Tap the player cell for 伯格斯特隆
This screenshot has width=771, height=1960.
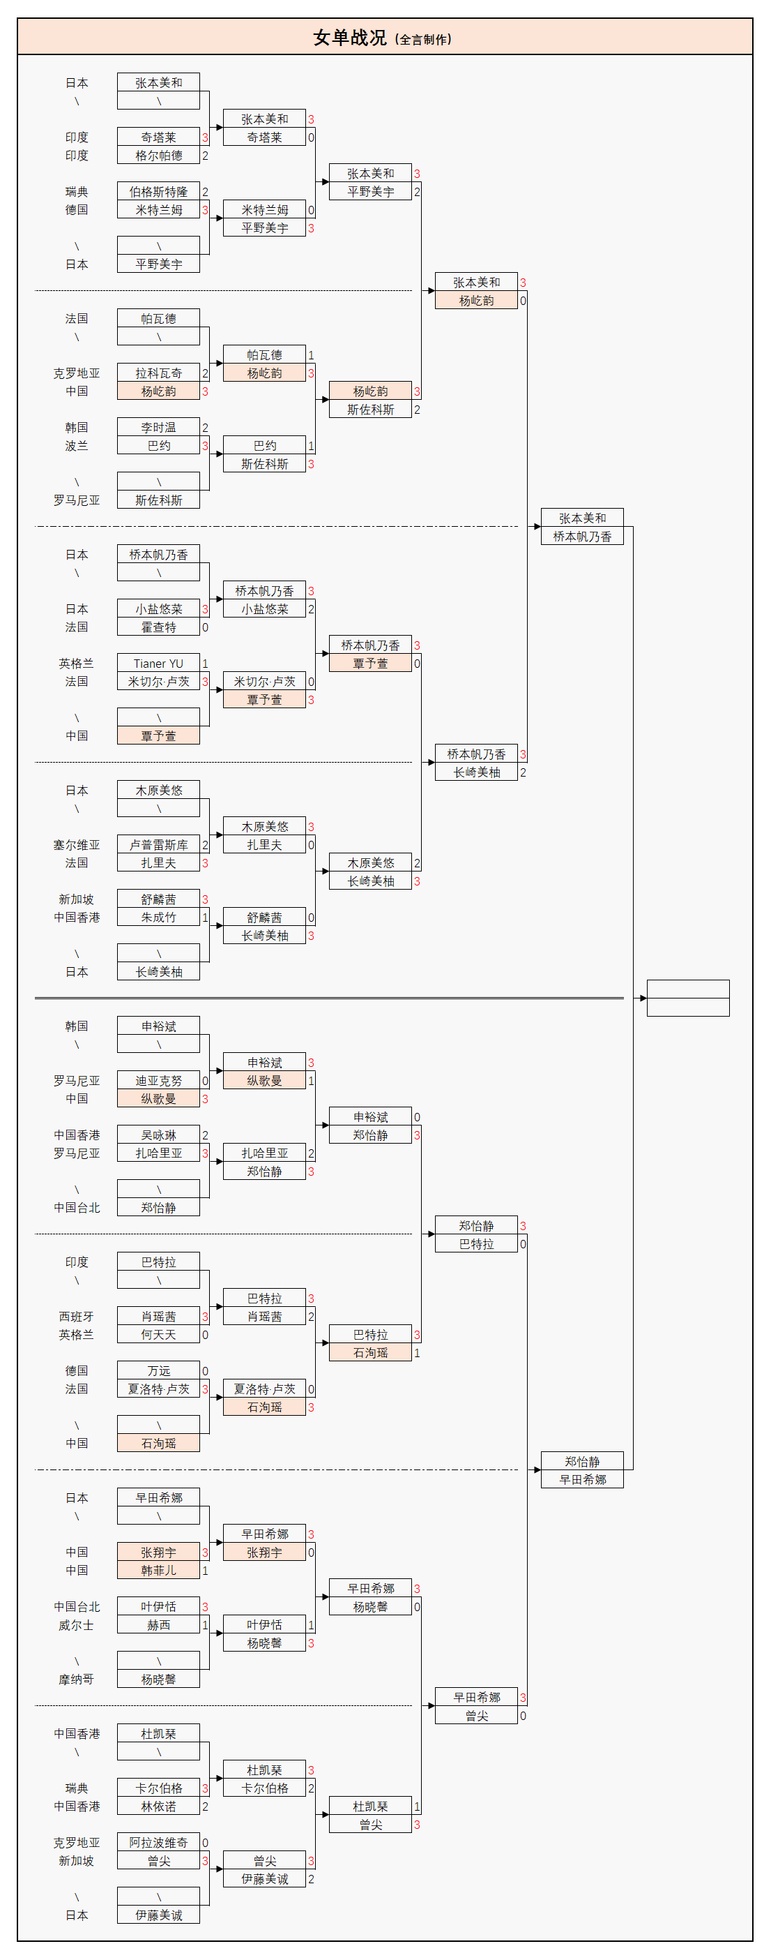pyautogui.click(x=158, y=192)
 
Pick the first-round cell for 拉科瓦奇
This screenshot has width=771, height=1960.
pyautogui.click(x=158, y=373)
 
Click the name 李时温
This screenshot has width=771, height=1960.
pyautogui.click(x=158, y=428)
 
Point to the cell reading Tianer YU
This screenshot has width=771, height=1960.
pyautogui.click(x=158, y=664)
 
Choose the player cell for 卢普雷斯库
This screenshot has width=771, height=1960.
pyautogui.click(x=158, y=844)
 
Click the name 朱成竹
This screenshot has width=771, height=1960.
pyautogui.click(x=158, y=918)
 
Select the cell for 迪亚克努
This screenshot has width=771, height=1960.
pyautogui.click(x=158, y=1080)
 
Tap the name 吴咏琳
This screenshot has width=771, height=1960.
pyautogui.click(x=158, y=1135)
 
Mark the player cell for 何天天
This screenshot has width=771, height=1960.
pyautogui.click(x=158, y=1335)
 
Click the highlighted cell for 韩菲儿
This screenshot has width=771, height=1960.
pyautogui.click(x=158, y=1571)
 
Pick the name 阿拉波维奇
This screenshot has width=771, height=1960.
pyautogui.click(x=158, y=1843)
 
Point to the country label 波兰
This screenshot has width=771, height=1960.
pyautogui.click(x=76, y=446)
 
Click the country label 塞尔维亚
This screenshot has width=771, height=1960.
pyautogui.click(x=76, y=844)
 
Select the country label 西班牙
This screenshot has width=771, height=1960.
pyautogui.click(x=76, y=1316)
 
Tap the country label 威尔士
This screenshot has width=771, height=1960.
pyautogui.click(x=76, y=1625)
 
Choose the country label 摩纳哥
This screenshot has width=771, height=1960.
pyautogui.click(x=76, y=1680)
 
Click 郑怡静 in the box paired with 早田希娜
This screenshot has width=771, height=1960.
pyautogui.click(x=581, y=1462)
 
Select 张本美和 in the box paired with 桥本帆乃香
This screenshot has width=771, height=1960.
pyautogui.click(x=581, y=518)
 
